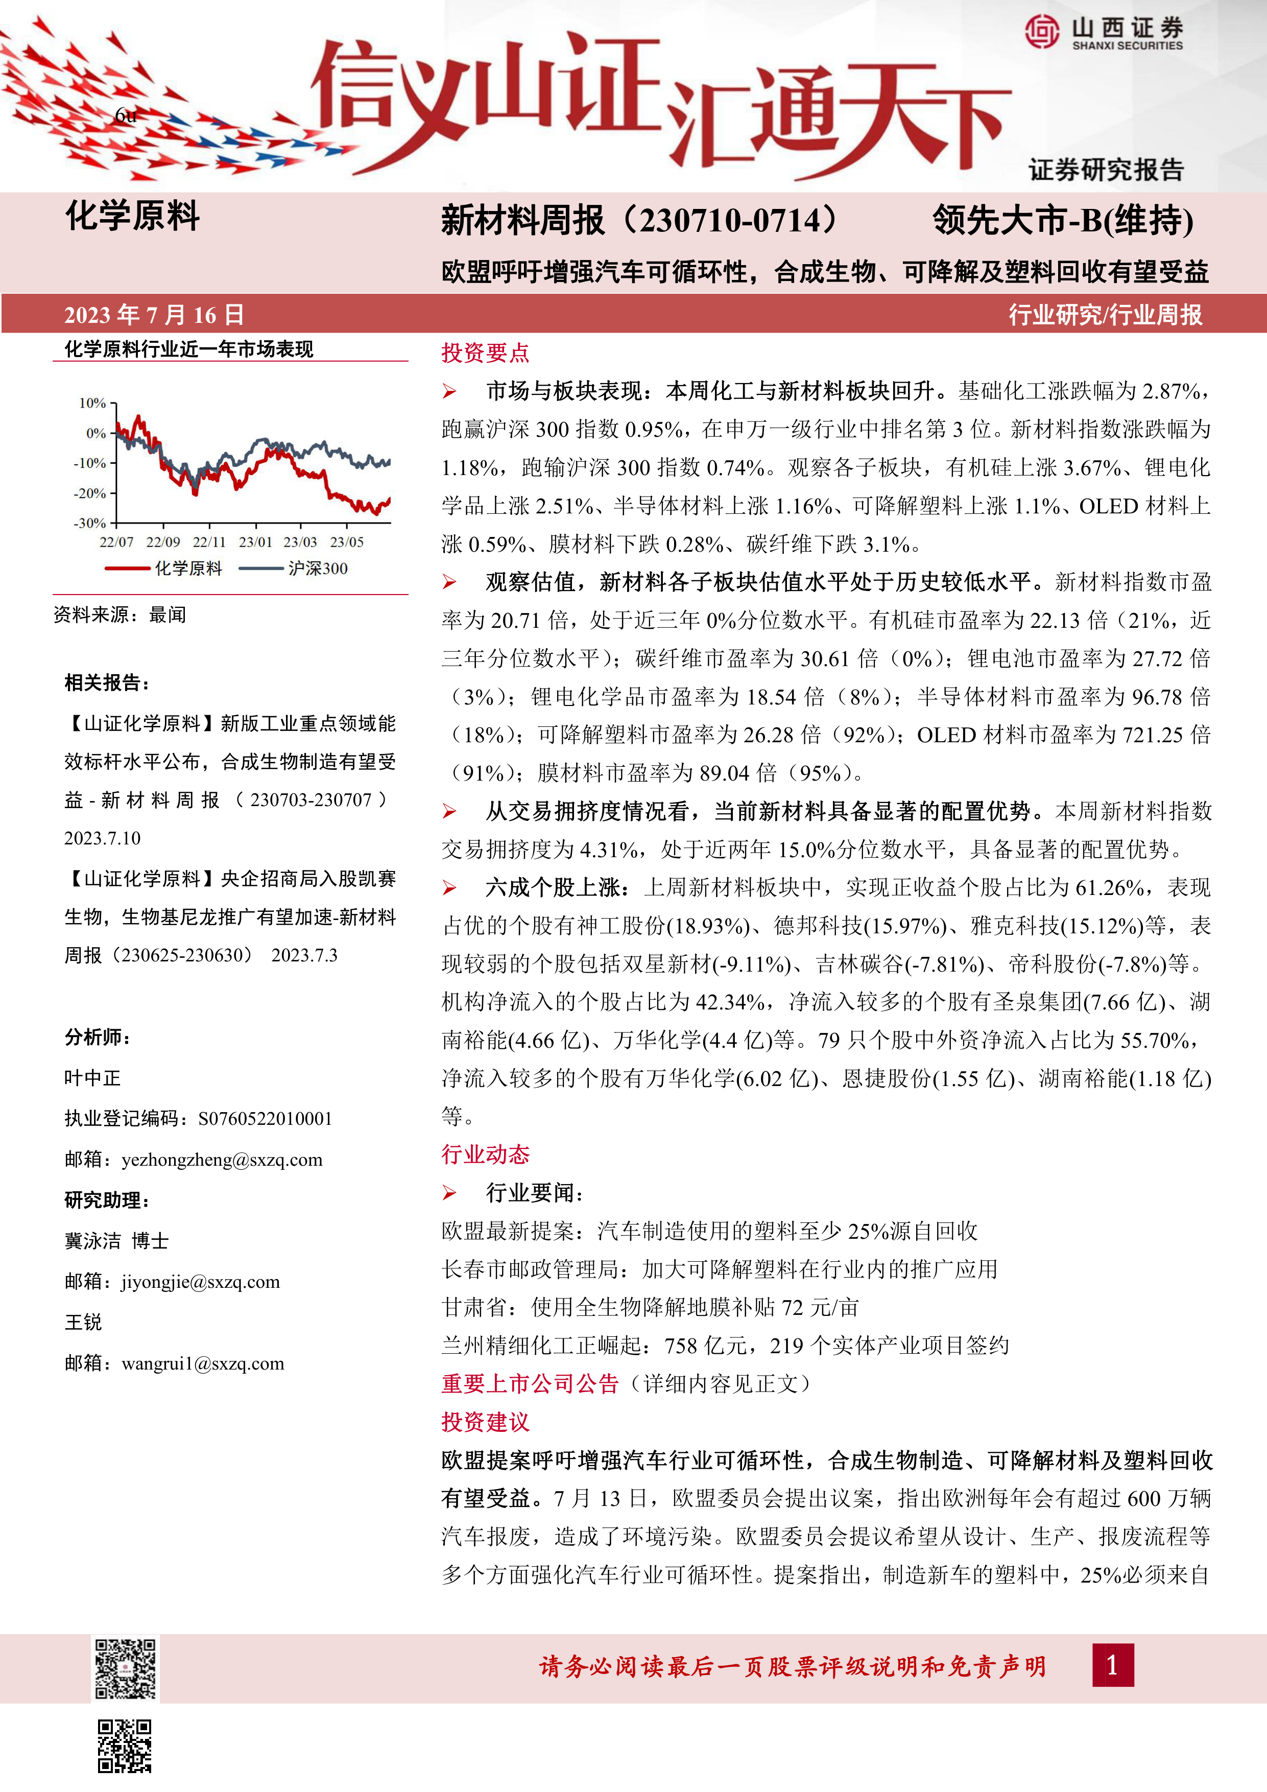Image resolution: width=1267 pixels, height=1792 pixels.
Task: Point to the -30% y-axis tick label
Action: (90, 523)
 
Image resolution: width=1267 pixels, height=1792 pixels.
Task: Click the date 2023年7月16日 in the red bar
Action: (154, 315)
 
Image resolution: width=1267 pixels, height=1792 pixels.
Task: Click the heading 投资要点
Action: (485, 353)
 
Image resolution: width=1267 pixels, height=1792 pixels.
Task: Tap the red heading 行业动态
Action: (485, 1154)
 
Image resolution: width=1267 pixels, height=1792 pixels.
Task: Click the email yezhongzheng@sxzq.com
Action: (222, 1160)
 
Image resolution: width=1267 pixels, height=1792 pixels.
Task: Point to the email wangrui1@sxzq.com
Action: (203, 1363)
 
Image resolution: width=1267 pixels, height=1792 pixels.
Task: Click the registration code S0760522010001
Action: (265, 1119)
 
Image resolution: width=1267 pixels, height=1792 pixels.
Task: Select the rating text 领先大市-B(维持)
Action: (1063, 221)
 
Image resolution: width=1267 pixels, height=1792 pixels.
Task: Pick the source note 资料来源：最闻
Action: (120, 615)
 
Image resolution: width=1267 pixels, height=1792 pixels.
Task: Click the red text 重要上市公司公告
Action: (530, 1384)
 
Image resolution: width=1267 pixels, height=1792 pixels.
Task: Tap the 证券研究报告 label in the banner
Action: (1106, 170)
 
